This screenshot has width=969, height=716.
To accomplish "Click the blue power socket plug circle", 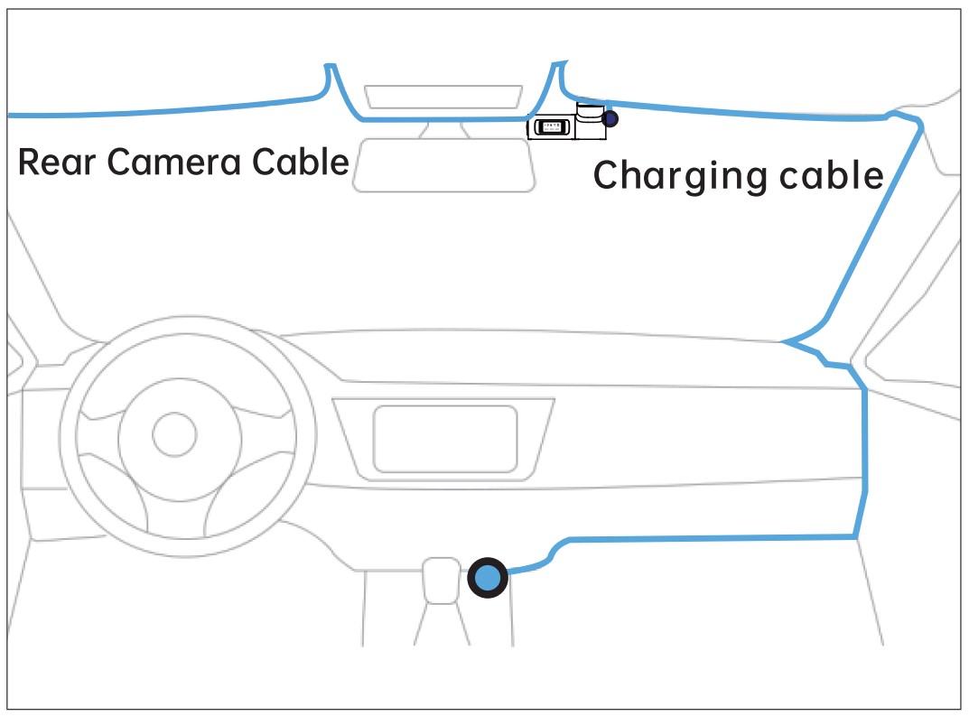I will pyautogui.click(x=488, y=578).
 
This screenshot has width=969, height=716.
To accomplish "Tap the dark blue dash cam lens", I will pyautogui.click(x=611, y=118).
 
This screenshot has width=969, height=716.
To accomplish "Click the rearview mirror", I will pyautogui.click(x=443, y=164).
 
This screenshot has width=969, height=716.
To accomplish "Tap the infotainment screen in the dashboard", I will pyautogui.click(x=445, y=439).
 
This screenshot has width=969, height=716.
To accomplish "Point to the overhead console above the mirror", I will pyautogui.click(x=443, y=98).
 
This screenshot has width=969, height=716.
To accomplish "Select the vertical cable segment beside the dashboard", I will pyautogui.click(x=865, y=460).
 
